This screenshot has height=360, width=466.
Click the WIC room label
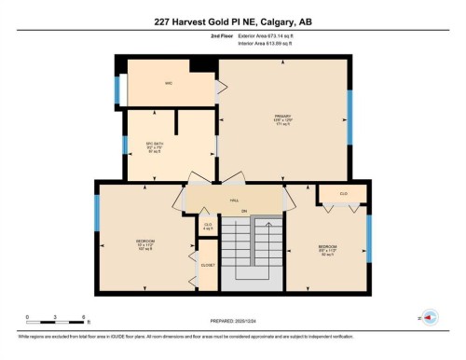(169, 85)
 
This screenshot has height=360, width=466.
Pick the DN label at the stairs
(244, 212)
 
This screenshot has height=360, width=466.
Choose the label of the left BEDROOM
(144, 244)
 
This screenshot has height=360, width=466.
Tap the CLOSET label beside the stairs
(207, 265)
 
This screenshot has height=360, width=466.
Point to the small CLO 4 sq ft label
(207, 226)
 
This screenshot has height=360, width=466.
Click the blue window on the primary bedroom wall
(349, 118)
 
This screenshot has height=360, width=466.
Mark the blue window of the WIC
(116, 90)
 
